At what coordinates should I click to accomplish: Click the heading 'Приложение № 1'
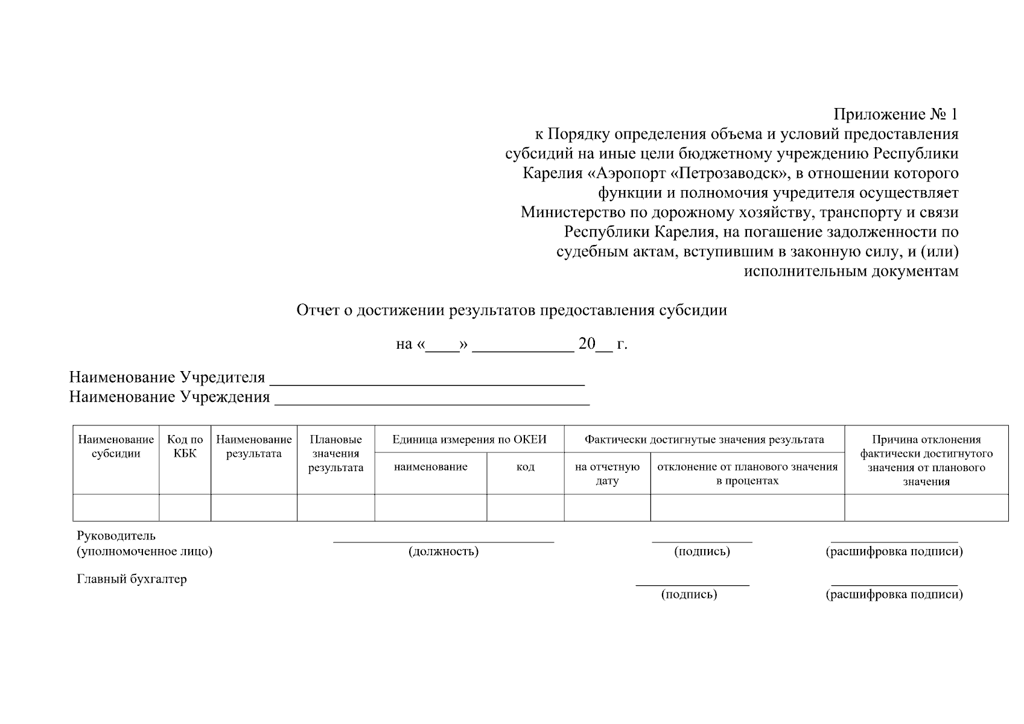[895, 115]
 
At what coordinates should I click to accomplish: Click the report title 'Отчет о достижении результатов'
[512, 311]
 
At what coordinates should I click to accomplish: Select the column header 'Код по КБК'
[185, 447]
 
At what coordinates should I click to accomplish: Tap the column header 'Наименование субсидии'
[116, 447]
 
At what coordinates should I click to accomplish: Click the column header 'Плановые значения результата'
[336, 454]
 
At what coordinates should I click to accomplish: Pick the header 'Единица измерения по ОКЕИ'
[469, 440]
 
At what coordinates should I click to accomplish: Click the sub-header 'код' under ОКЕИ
[525, 467]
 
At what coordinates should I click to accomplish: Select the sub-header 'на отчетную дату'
[607, 474]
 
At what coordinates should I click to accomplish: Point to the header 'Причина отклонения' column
[926, 460]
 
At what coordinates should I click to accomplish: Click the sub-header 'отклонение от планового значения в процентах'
[747, 474]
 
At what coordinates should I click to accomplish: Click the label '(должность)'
[444, 551]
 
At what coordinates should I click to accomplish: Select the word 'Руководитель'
[116, 536]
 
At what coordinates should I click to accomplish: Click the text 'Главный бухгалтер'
[132, 579]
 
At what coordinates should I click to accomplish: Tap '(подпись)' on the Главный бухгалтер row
[689, 595]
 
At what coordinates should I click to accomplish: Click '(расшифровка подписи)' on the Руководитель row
[894, 551]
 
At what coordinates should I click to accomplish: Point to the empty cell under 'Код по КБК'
[185, 507]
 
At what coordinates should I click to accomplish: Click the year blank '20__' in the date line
[595, 345]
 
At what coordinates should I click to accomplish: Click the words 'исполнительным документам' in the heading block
[851, 271]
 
